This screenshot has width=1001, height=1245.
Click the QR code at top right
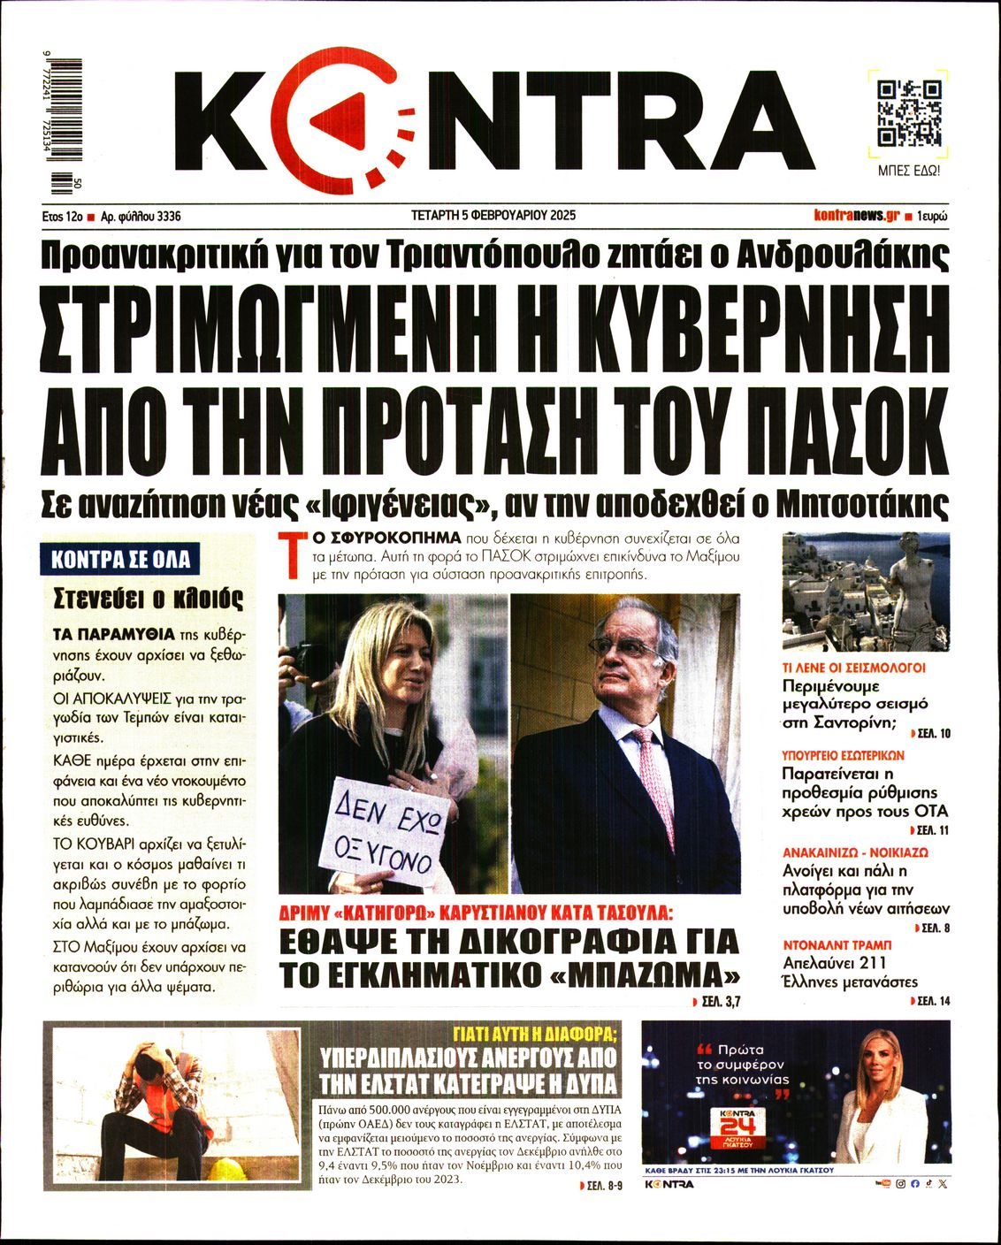908,113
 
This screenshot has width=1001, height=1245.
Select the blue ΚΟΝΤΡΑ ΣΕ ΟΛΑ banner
120,559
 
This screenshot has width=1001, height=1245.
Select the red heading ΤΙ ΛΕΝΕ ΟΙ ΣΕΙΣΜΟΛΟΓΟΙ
853,668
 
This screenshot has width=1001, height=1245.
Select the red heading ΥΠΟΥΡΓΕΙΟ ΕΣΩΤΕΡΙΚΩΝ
843,756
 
